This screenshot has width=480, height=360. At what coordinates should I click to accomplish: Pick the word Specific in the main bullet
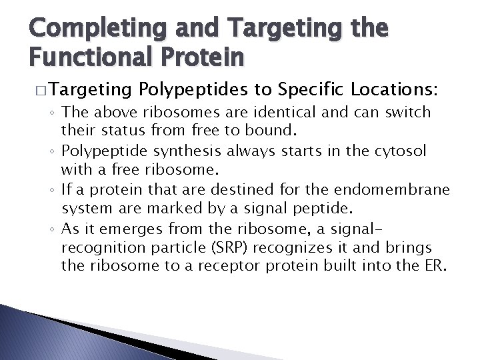(x=313, y=89)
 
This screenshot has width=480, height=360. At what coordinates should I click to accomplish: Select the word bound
(x=249, y=128)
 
